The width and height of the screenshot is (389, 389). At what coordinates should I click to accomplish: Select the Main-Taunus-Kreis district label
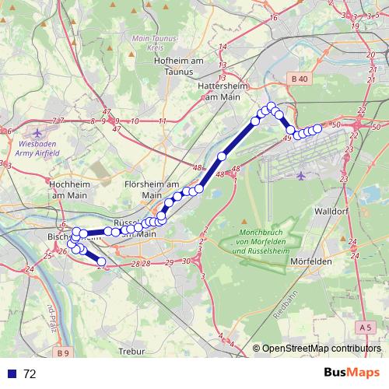pyautogui.click(x=152, y=42)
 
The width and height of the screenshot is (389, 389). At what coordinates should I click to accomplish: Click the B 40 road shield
pyautogui.click(x=299, y=79)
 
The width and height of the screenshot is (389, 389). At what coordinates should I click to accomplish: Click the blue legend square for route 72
pyautogui.click(x=12, y=374)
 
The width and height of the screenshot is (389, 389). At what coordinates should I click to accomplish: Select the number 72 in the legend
pyautogui.click(x=30, y=374)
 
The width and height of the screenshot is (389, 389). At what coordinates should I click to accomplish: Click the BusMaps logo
pyautogui.click(x=352, y=373)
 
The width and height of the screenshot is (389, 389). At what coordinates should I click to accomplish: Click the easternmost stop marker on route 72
pyautogui.click(x=317, y=128)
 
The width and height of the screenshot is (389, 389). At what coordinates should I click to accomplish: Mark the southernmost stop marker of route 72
pyautogui.click(x=101, y=262)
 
